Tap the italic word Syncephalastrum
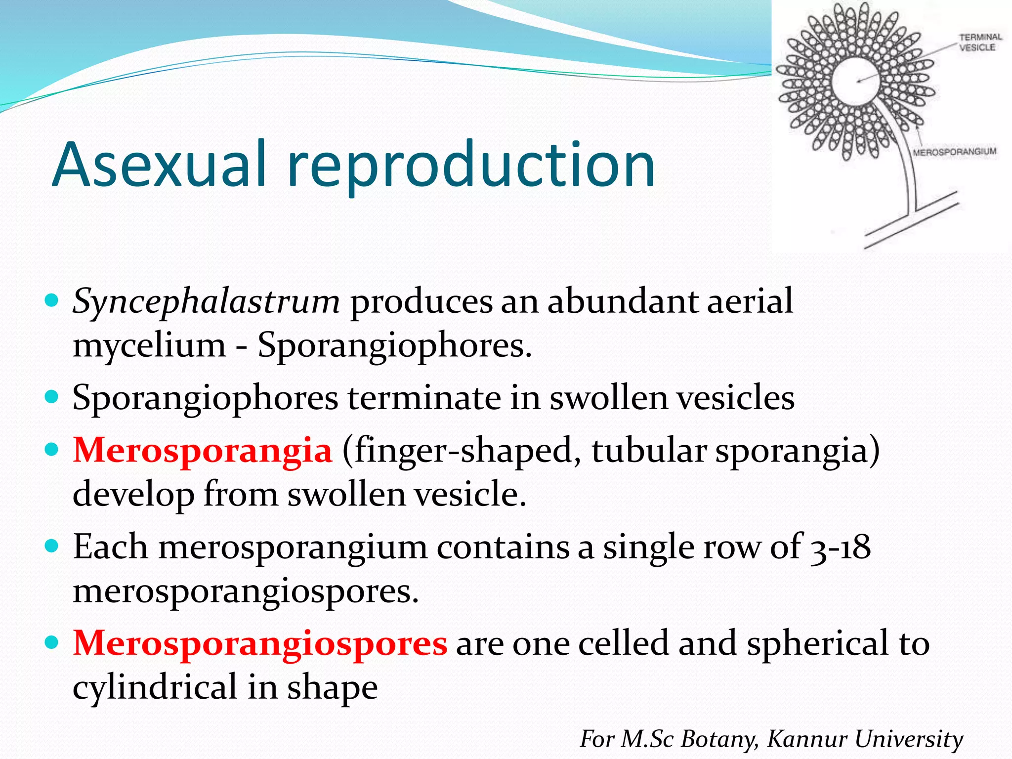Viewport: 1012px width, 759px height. click(206, 301)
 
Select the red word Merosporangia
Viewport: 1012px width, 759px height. click(203, 450)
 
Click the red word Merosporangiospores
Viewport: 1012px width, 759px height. click(260, 643)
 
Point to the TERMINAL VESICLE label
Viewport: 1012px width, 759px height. click(980, 42)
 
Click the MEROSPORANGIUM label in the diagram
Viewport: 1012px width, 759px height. click(954, 152)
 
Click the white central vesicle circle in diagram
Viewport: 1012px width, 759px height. click(855, 82)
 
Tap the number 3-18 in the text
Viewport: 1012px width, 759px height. click(840, 547)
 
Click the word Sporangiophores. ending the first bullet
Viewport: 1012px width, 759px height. click(394, 345)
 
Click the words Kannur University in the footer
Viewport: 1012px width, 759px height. click(865, 739)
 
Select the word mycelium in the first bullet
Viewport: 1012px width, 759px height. click(149, 345)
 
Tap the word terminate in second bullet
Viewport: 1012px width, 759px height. click(424, 397)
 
